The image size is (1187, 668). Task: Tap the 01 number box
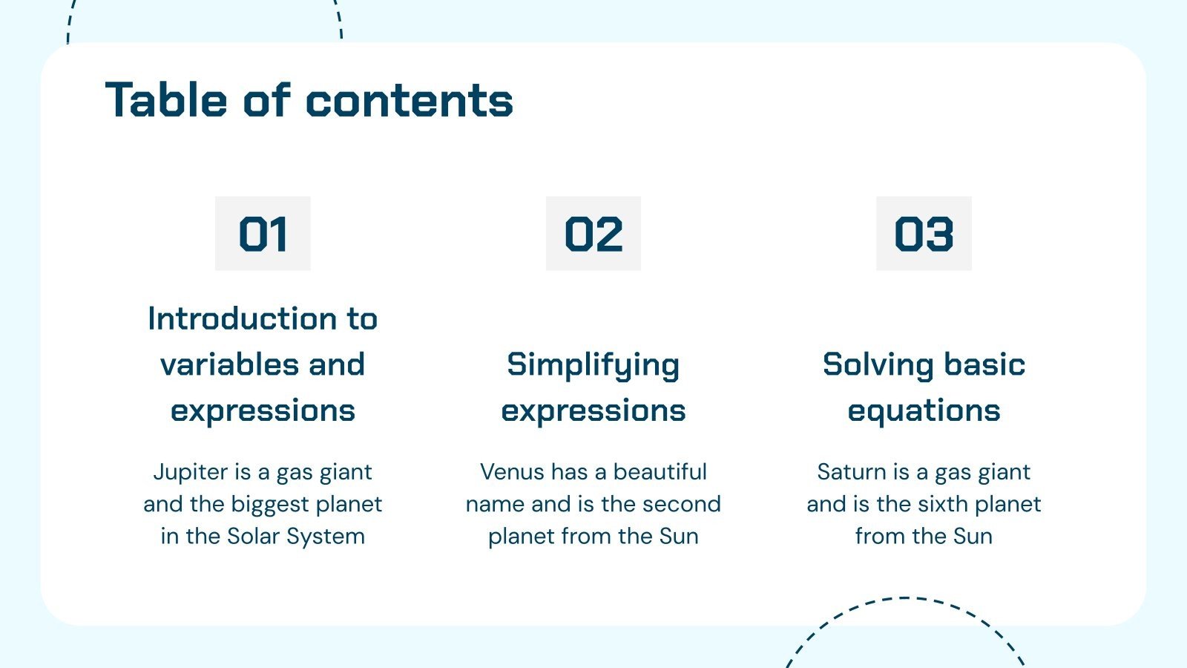coord(263,234)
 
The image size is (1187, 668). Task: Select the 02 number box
coord(593,234)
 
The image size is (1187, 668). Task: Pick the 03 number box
coord(924,234)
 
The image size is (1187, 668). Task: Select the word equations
coord(924,411)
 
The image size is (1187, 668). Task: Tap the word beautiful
coord(660,472)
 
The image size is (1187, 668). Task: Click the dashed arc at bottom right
coord(904,598)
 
